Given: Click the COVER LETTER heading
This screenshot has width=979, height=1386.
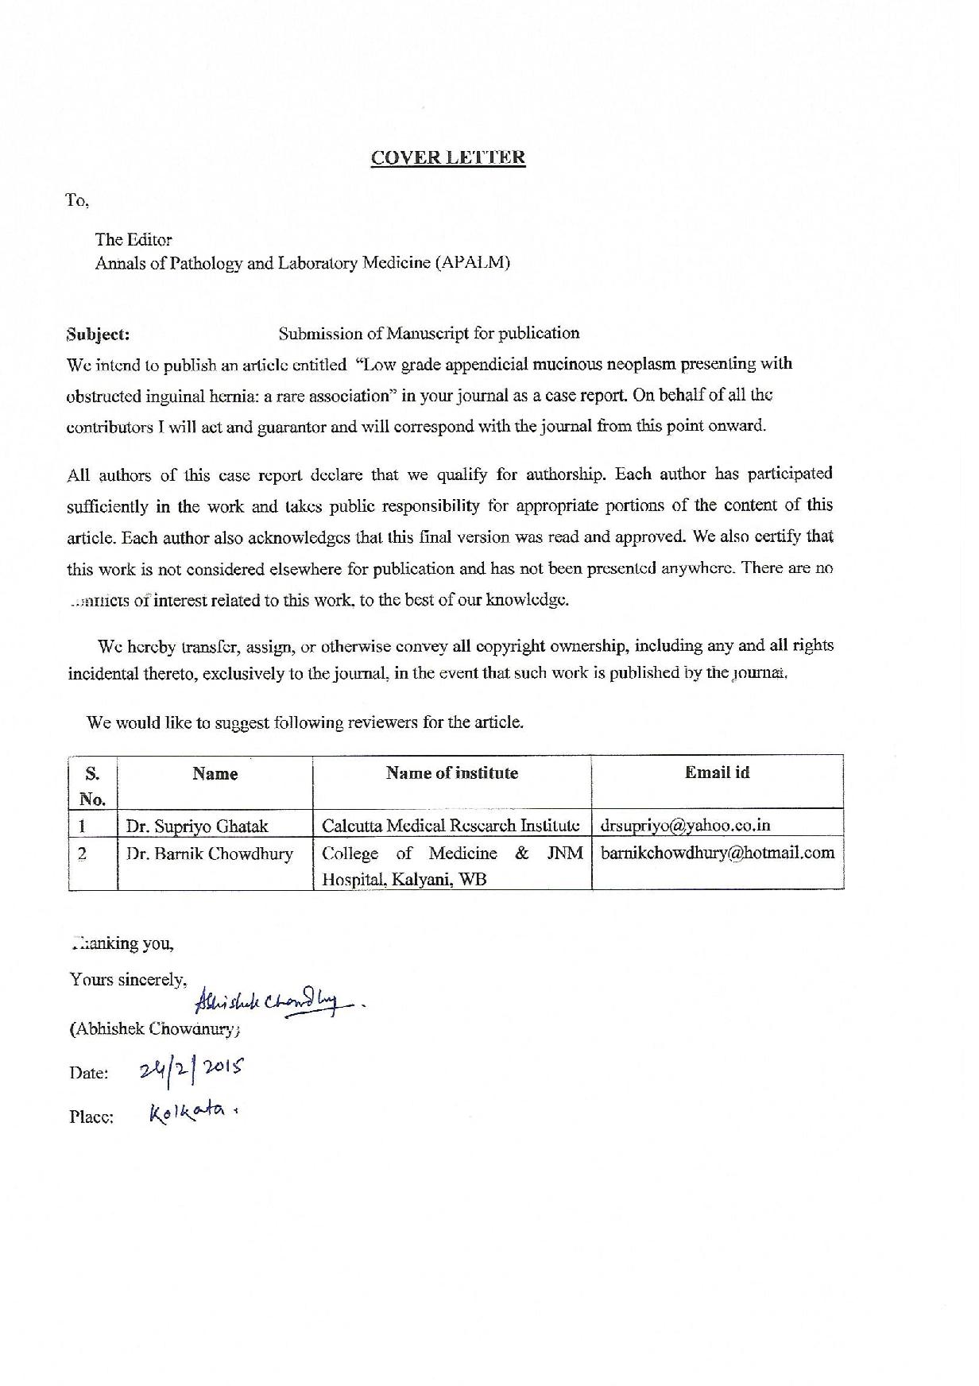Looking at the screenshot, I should (x=447, y=157).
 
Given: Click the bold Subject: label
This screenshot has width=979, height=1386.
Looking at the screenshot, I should (x=99, y=334).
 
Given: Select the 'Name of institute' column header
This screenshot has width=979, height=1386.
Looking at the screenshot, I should (x=451, y=773).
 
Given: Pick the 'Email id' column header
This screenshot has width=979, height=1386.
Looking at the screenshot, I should (x=717, y=772).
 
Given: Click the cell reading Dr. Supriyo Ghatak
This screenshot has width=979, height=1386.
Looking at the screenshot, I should (x=196, y=826).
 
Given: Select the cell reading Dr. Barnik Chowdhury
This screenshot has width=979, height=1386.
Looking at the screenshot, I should (x=209, y=854).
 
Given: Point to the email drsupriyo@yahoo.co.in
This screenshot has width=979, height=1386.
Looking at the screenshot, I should (x=685, y=825).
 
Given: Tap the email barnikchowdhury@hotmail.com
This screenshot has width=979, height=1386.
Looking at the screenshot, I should (x=717, y=854).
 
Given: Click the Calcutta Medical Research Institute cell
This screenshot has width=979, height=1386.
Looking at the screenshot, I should (x=451, y=826).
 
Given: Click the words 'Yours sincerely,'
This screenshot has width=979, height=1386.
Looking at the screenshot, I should (x=128, y=980).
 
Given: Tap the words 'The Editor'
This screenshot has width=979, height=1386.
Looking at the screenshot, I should (x=133, y=239).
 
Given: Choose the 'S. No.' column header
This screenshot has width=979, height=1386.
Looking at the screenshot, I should (x=92, y=785).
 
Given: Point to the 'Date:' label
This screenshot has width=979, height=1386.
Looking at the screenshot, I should (x=88, y=1074).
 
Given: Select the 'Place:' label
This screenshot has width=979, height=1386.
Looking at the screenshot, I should (x=91, y=1117).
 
